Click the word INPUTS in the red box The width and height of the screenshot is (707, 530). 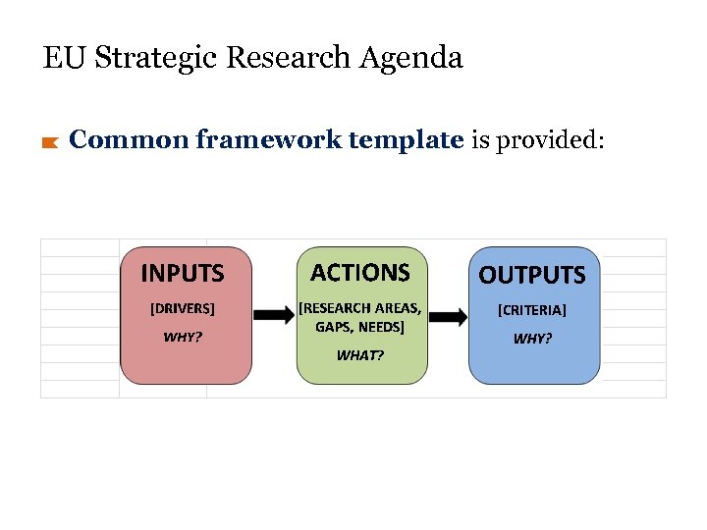(183, 273)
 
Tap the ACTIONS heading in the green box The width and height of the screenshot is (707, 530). (360, 272)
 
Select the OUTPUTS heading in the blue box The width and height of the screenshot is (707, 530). (532, 275)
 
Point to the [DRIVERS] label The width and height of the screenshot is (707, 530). (182, 308)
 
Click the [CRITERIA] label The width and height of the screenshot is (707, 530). (532, 310)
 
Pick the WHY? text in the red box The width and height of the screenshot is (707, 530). (183, 337)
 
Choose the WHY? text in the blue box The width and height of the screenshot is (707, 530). (533, 339)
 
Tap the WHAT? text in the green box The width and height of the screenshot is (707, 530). (360, 355)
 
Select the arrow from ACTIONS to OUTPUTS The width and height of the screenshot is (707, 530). (449, 316)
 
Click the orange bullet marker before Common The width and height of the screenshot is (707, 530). (50, 143)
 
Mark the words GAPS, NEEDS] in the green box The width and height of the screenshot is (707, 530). (360, 327)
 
